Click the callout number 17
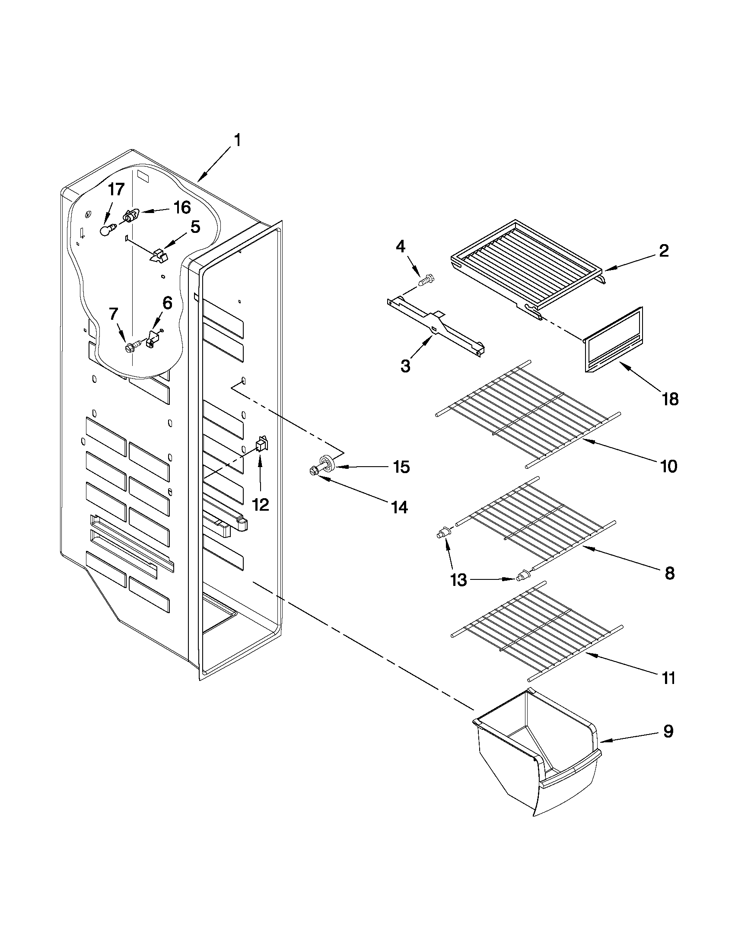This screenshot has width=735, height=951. (x=116, y=190)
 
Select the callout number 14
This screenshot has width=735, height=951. (x=399, y=506)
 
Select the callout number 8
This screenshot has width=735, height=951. (x=669, y=573)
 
